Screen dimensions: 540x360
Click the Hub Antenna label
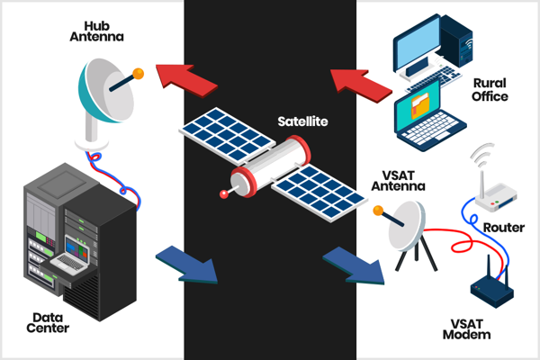coord(97,31)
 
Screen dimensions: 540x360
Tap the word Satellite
coord(302,121)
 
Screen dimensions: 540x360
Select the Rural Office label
coord(490,90)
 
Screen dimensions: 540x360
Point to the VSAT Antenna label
coord(398,181)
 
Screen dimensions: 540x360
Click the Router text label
coord(504,228)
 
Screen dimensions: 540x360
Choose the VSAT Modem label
coord(466,329)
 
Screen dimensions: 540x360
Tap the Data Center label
coord(48,323)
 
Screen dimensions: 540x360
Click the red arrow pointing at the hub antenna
coord(186,81)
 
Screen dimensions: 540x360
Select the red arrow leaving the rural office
coord(361,85)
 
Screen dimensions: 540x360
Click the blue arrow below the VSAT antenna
coord(355,265)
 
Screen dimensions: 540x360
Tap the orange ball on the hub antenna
coord(138,74)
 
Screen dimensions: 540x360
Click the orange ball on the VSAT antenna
coord(378,211)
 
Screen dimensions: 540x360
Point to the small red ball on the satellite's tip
coord(224,194)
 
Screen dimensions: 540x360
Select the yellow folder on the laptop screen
coord(419,105)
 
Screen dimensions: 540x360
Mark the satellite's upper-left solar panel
coord(227,135)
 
